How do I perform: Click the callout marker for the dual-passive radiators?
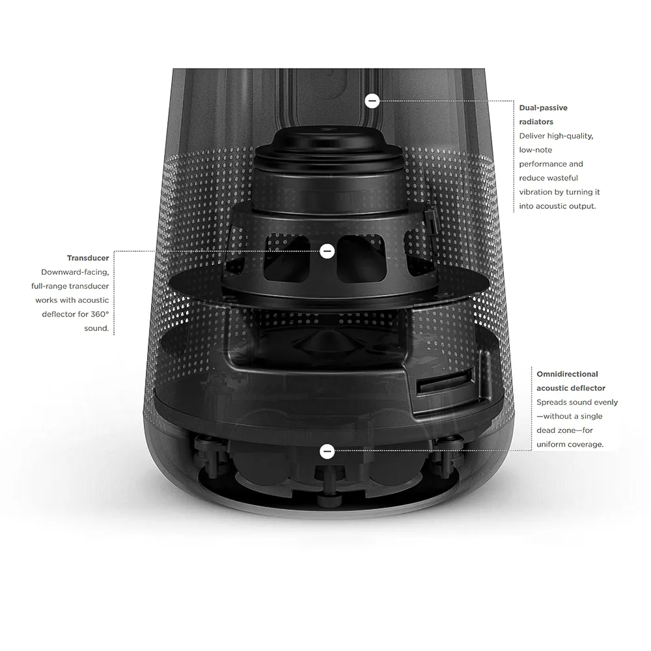point(372,101)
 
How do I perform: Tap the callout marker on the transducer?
point(327,251)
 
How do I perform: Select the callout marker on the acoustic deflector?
point(327,451)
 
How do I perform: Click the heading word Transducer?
point(88,258)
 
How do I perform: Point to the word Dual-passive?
point(543,108)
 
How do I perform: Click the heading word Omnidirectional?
point(567,374)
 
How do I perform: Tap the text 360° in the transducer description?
point(99,314)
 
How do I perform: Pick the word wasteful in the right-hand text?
point(562,178)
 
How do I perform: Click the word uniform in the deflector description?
point(551,444)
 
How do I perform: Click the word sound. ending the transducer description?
point(96,328)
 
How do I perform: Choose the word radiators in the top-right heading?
point(536,122)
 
